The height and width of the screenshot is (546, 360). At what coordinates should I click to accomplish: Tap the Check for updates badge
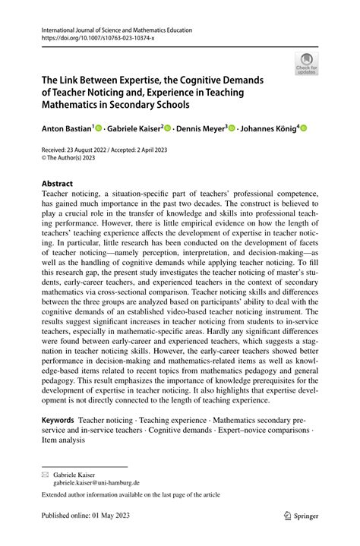point(306,64)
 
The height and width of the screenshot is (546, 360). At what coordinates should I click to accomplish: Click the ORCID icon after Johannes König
point(304,129)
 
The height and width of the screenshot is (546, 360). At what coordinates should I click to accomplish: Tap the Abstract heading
point(56,184)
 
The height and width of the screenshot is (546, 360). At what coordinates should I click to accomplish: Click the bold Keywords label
point(57,420)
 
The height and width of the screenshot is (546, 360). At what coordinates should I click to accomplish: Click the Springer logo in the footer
point(302,516)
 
